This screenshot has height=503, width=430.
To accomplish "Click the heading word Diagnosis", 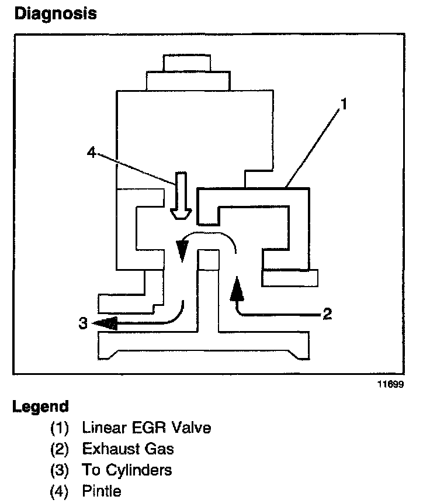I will pyautogui.click(x=55, y=14).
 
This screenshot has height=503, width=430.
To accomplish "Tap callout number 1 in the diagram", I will pyautogui.click(x=345, y=105).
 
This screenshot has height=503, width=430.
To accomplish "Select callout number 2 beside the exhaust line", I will pyautogui.click(x=327, y=315).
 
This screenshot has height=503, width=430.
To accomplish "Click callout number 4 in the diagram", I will pyautogui.click(x=91, y=153).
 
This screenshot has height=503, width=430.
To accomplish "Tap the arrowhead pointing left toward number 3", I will pyautogui.click(x=104, y=323).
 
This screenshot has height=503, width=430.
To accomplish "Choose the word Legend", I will pyautogui.click(x=41, y=406).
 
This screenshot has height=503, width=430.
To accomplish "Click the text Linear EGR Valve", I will pyautogui.click(x=147, y=428).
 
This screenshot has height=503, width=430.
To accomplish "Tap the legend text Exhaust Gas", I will pyautogui.click(x=128, y=449).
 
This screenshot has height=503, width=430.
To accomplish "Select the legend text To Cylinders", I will pyautogui.click(x=127, y=470).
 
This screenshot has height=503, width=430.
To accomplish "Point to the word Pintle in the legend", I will pyautogui.click(x=102, y=491).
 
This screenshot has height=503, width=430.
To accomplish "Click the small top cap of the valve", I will pyautogui.click(x=183, y=62).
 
